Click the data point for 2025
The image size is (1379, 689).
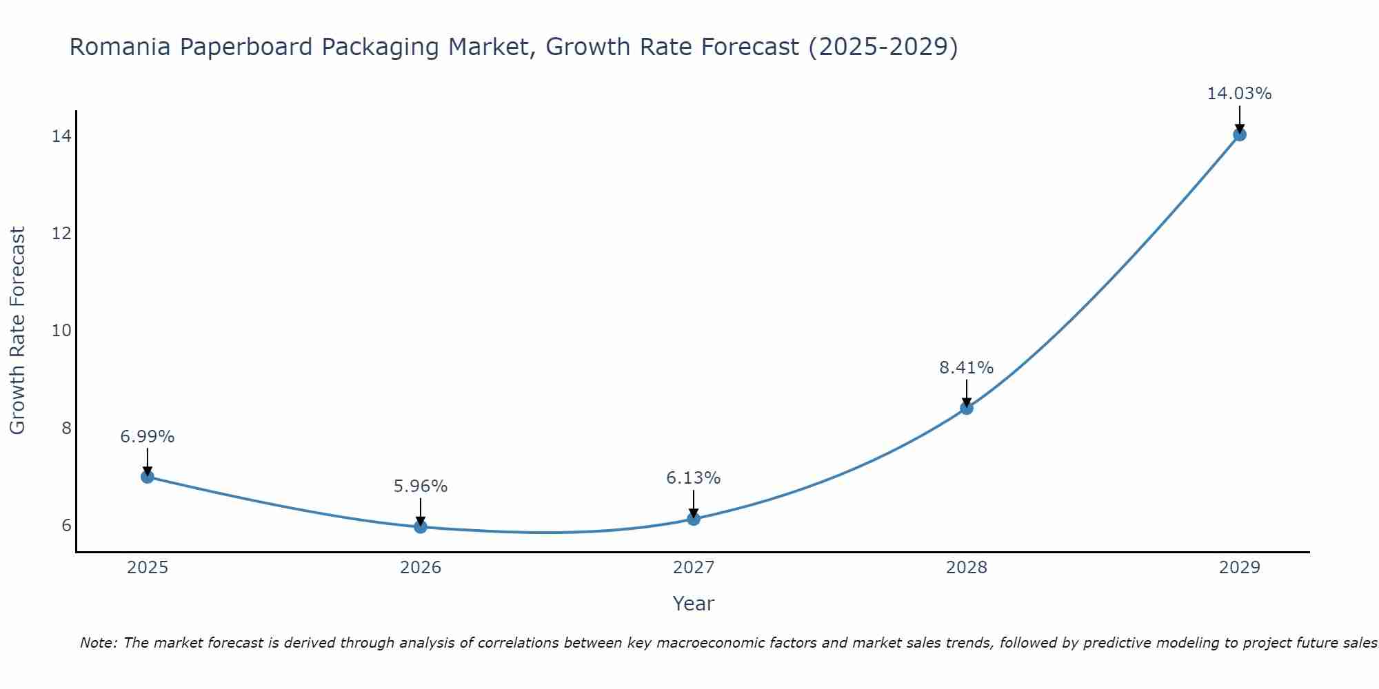tap(147, 476)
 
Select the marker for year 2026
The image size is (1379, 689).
tap(420, 526)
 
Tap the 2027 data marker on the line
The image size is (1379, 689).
tap(694, 518)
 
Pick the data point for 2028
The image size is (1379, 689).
tap(966, 408)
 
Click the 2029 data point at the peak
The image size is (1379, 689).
tap(1239, 134)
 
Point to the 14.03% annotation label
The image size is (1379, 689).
tap(1239, 94)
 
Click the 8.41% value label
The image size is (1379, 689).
tap(966, 368)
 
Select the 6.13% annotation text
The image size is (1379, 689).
tap(693, 478)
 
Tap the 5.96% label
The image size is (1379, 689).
tap(420, 486)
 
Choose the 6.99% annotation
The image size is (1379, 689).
tap(147, 437)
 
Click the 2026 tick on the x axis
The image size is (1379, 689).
tap(420, 568)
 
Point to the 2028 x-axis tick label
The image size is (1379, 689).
tap(966, 568)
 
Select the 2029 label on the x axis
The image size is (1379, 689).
tap(1239, 568)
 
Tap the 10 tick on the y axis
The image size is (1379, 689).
tap(61, 331)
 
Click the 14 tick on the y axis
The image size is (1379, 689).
tap(61, 136)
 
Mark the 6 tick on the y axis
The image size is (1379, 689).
tap(66, 526)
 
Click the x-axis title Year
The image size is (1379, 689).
tap(693, 604)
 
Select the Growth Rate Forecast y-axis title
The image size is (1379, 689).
tap(18, 331)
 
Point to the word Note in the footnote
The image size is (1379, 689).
tap(99, 644)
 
